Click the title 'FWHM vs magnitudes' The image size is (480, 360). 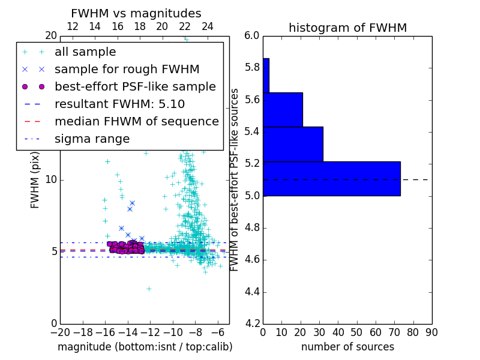coord(136,13)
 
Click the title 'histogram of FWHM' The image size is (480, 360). coord(347,28)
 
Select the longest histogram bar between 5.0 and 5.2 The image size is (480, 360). coord(331,178)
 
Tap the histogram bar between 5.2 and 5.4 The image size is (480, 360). coord(293,144)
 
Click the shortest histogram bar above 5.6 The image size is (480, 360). coord(266,75)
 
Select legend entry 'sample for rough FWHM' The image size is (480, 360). coord(127,69)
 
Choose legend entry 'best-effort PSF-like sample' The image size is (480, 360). coord(135,86)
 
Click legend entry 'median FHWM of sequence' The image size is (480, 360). coord(136,121)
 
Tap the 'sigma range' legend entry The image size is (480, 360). coord(92,139)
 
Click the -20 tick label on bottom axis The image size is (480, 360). coord(60,332)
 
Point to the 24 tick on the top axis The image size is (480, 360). coord(208,26)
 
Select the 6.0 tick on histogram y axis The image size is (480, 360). coord(252,35)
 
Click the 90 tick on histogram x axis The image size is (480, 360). coord(431,332)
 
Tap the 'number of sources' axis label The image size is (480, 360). coord(347,347)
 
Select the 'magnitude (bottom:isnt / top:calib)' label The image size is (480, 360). coord(145,347)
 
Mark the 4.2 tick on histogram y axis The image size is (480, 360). coord(252,324)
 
